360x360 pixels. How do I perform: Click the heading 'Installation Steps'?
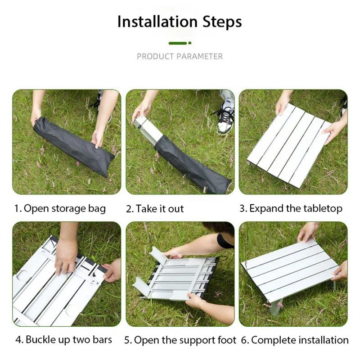(180, 22)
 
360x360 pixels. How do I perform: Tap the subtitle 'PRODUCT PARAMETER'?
(180, 56)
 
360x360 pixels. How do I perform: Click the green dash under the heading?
(178, 43)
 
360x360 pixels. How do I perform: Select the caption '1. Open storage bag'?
(60, 208)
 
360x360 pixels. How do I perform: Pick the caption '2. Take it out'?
(155, 209)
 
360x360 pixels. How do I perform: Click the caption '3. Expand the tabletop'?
(291, 208)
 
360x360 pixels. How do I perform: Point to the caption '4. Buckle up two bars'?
(63, 339)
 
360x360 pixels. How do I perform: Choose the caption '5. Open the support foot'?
(180, 340)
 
